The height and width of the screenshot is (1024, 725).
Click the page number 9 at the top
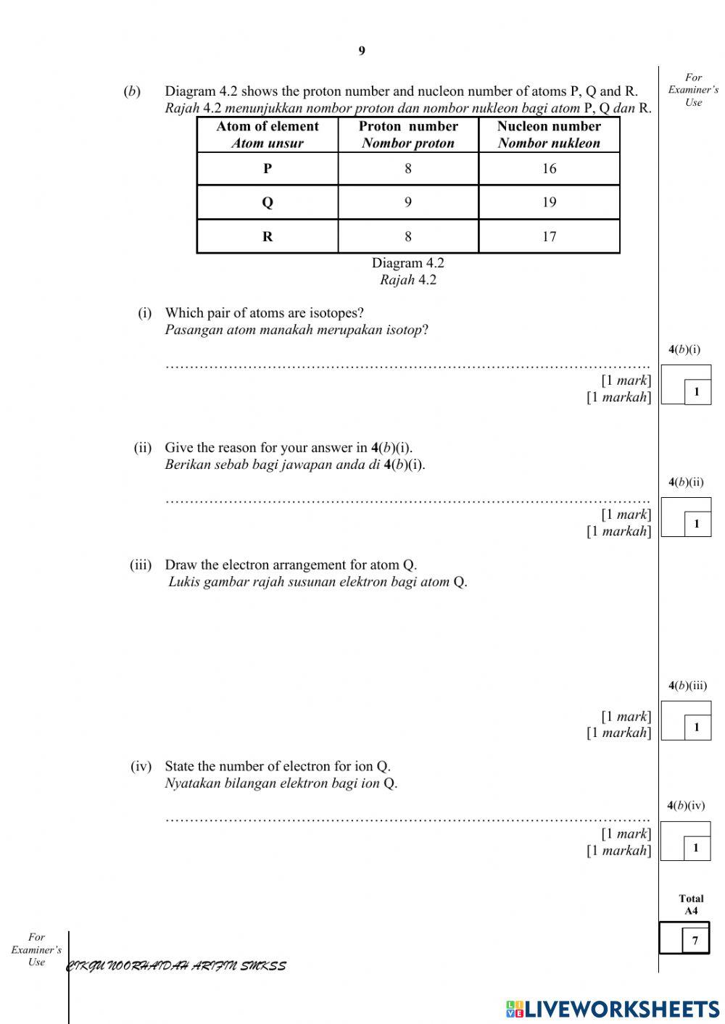pyautogui.click(x=362, y=51)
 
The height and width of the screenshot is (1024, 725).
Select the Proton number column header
pyautogui.click(x=408, y=134)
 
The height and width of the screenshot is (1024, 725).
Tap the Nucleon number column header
pyautogui.click(x=549, y=134)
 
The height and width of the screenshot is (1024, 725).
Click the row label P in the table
pyautogui.click(x=268, y=169)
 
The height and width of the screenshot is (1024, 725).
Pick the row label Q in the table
pyautogui.click(x=268, y=202)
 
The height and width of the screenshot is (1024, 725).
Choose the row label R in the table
pyautogui.click(x=268, y=236)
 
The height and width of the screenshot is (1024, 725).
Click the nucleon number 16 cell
pyautogui.click(x=549, y=169)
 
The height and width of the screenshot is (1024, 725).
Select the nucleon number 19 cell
pyautogui.click(x=549, y=202)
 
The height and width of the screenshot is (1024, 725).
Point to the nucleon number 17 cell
pyautogui.click(x=549, y=236)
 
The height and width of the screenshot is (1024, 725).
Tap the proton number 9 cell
pyautogui.click(x=408, y=202)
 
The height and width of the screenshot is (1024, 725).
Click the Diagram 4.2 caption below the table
pyautogui.click(x=408, y=263)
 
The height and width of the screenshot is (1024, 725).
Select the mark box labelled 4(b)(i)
pyautogui.click(x=686, y=385)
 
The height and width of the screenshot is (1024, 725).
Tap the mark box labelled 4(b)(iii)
pyautogui.click(x=686, y=720)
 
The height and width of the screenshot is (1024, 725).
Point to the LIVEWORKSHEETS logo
pyautogui.click(x=613, y=1009)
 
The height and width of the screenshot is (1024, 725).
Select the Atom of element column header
pyautogui.click(x=268, y=134)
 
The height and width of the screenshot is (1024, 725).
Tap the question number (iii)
pyautogui.click(x=141, y=565)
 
